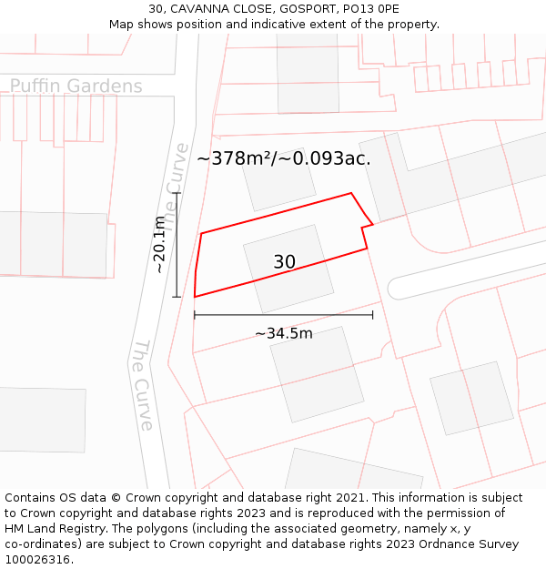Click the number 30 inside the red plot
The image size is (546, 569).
(284, 262)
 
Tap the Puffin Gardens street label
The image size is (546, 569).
(76, 86)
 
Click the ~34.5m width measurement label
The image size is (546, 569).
(283, 333)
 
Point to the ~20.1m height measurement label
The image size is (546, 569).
(160, 245)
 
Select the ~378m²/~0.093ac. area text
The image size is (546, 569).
(283, 158)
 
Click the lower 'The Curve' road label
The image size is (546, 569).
(143, 385)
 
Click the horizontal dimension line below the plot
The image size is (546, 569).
(283, 316)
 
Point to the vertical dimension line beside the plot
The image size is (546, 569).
(176, 245)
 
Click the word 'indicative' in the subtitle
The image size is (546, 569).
(316, 25)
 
